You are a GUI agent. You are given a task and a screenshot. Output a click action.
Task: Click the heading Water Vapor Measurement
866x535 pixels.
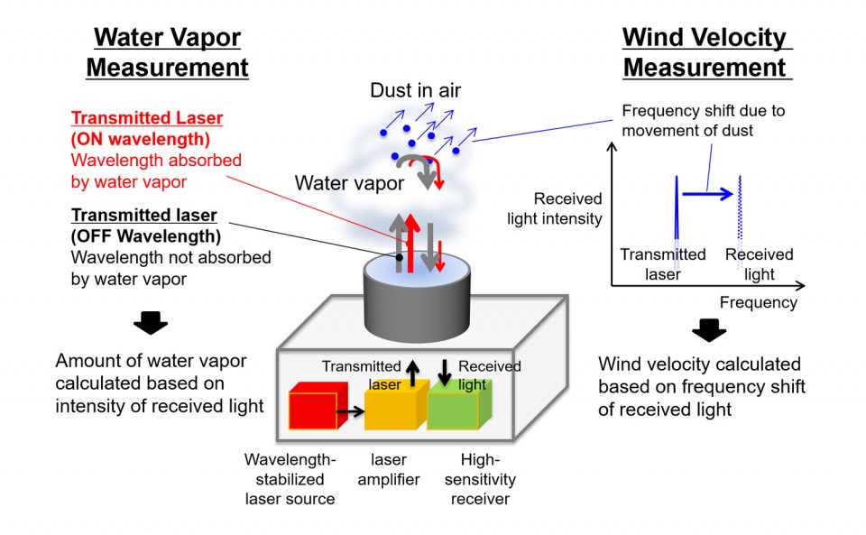(x=172, y=52)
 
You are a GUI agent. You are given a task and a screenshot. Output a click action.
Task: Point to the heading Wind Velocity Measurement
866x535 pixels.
(x=706, y=52)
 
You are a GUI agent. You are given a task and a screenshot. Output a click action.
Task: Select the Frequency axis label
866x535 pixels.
(x=758, y=302)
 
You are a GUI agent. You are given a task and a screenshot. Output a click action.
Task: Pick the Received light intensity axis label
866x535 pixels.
(x=567, y=208)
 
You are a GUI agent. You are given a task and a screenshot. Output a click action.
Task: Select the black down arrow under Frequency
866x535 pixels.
(x=709, y=331)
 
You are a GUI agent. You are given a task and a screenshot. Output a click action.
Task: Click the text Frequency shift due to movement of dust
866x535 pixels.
(x=704, y=120)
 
